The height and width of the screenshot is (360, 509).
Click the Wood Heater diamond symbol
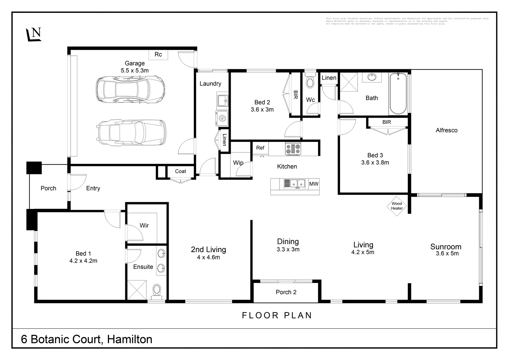tap(397, 206)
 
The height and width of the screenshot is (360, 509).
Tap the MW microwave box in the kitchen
tap(314, 184)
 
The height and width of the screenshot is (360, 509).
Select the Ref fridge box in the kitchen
tap(260, 148)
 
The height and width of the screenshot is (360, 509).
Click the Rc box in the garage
tap(158, 55)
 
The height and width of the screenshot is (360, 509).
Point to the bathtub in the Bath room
tap(398, 94)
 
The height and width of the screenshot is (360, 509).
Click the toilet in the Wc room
tap(310, 82)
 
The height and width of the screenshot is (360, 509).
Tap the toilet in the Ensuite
tap(157, 290)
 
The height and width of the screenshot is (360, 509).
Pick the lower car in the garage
tap(131, 132)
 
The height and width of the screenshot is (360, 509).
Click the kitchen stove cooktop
tap(293, 149)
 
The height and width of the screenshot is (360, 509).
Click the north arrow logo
tap(34, 35)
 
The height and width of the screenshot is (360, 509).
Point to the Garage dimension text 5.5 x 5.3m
tap(135, 71)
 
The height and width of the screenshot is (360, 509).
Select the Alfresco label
tap(447, 130)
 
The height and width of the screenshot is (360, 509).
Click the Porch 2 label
tap(286, 292)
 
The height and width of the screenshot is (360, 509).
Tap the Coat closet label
tap(181, 171)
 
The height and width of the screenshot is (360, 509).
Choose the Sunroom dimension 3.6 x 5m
tap(447, 253)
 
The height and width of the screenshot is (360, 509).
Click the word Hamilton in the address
tap(130, 339)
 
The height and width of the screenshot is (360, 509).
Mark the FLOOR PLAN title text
tap(277, 316)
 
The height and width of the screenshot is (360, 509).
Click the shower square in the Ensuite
tap(137, 290)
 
